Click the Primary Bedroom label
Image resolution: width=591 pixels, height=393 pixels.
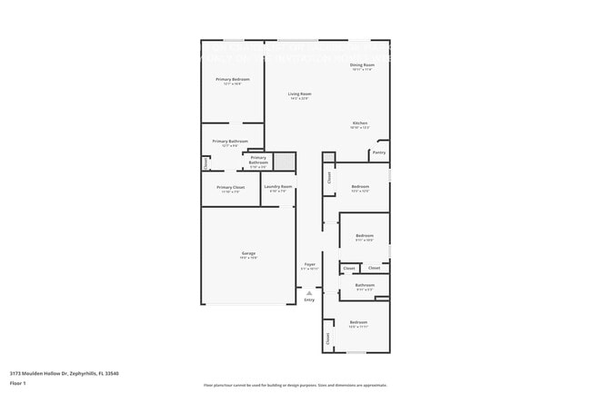coord(233,80)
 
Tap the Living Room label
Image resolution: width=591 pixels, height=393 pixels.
coord(300,94)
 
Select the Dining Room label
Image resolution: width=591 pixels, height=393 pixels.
coord(363,65)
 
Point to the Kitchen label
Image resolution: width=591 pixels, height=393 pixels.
coord(360,123)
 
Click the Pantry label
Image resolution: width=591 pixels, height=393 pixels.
coord(379,152)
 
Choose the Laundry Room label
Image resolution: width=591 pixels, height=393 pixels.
coord(278,187)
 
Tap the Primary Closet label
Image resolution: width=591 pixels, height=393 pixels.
coord(231,188)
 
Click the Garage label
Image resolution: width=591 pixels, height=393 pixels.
coord(248,253)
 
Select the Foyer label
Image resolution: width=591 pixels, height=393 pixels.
coord(309,265)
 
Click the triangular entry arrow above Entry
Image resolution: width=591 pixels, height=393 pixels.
coord(309,293)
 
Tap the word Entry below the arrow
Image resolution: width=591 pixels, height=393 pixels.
coord(309,300)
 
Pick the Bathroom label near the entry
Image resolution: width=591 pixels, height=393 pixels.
coord(365,285)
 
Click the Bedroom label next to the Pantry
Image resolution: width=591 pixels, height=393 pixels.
coord(360,186)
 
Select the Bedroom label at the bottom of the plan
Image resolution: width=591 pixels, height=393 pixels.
coord(358,322)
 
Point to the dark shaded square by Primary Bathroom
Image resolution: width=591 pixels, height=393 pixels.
coord(285,162)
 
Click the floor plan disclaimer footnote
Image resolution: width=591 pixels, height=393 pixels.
coord(295,385)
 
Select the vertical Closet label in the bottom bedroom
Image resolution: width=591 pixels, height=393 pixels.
coord(327,338)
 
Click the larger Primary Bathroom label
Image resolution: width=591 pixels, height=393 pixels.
coord(231,142)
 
